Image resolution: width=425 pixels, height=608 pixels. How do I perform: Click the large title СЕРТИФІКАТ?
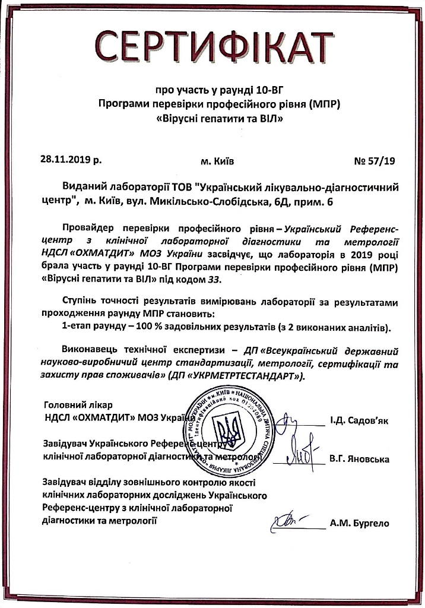(212, 45)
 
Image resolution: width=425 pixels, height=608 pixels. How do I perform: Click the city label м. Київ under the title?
(218, 160)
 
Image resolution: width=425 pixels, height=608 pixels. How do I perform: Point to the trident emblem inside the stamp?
(224, 429)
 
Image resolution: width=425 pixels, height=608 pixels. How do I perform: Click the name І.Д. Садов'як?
(359, 422)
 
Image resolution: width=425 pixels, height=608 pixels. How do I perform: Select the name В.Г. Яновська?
(359, 459)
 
